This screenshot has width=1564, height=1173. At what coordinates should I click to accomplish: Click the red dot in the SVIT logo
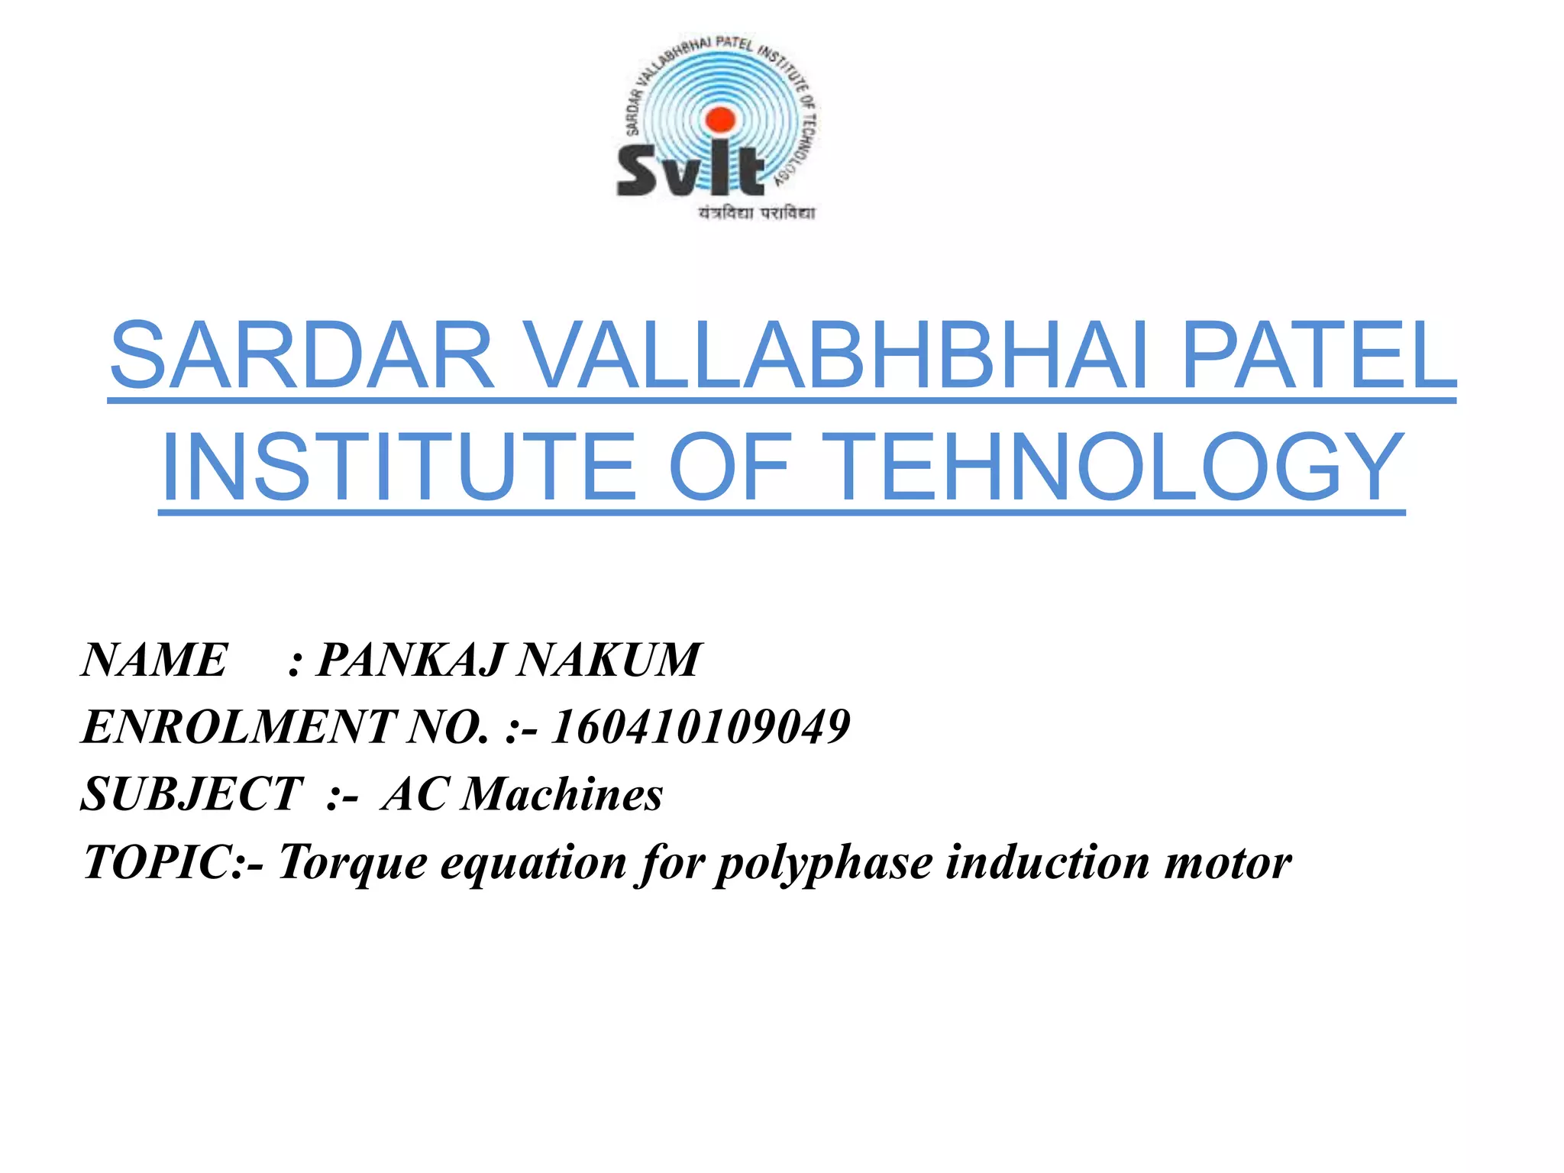click(x=719, y=119)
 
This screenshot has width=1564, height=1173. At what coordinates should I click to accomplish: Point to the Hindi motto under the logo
click(x=756, y=213)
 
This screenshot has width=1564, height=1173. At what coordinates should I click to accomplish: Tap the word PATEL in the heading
click(x=1318, y=356)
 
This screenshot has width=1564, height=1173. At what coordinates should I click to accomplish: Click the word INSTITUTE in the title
click(x=399, y=467)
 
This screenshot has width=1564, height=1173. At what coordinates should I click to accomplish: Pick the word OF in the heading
click(x=729, y=467)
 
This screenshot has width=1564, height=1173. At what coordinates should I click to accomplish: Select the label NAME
click(x=154, y=660)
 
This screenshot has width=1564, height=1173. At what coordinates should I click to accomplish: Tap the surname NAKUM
click(x=608, y=660)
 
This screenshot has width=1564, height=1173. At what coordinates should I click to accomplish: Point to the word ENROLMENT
click(x=238, y=726)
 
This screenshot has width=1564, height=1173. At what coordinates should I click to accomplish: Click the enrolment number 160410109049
click(x=700, y=726)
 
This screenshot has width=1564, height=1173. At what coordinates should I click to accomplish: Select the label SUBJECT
click(x=192, y=794)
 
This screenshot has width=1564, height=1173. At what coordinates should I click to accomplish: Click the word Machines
click(x=562, y=794)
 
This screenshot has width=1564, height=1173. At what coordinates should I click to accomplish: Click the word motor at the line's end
click(x=1227, y=862)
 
